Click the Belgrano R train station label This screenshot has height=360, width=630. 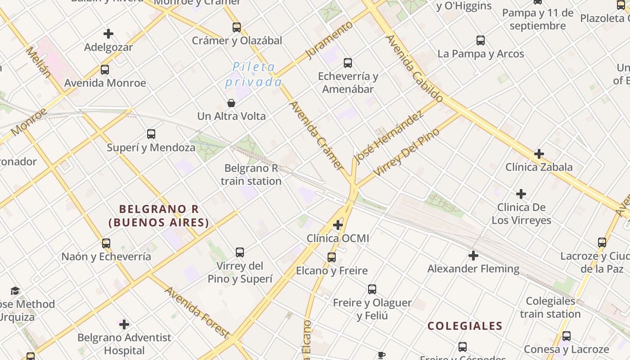point(252,175)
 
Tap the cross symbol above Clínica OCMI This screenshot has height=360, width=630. point(338,225)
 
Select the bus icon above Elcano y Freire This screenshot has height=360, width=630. point(332,257)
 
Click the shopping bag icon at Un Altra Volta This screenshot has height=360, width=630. point(231,103)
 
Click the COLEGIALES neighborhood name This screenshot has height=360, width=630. point(465,326)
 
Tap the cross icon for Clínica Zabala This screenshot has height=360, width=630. point(539,154)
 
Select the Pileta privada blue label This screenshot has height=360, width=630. point(254,75)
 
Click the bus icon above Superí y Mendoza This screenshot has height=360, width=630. point(151,134)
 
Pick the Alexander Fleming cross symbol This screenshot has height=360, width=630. point(473,256)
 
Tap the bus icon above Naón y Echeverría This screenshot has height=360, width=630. point(106,243)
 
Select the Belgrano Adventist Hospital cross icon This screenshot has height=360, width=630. point(124,324)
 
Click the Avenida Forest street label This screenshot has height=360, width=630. point(197,312)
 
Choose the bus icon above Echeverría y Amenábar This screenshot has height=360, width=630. point(347,63)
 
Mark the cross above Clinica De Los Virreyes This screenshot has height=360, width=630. point(521,194)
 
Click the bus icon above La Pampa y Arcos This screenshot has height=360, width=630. point(481,40)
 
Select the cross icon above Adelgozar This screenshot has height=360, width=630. point(108,34)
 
